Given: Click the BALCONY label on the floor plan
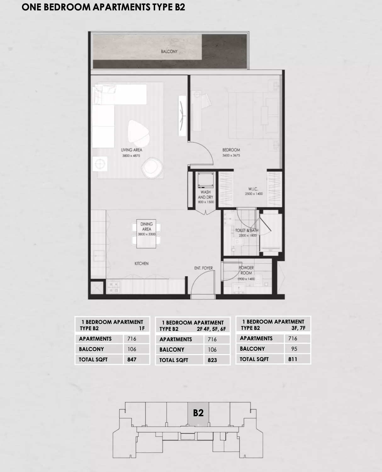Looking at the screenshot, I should pos(169,51).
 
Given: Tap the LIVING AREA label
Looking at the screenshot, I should pos(132,150).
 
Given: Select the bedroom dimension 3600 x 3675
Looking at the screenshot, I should pos(231,155).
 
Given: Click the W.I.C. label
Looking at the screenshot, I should pos(253,189).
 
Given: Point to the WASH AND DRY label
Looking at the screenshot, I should pos(205,195).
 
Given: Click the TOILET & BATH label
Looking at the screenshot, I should pos(247,230).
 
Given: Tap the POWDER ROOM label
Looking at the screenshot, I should pos(246,270).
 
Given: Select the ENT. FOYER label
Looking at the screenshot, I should pos(203,268).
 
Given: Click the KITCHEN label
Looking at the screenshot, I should pos(141,263).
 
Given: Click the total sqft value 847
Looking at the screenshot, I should pos(132,360).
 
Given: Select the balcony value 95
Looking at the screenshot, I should pos(294,349).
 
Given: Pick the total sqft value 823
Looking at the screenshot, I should pos(212,360).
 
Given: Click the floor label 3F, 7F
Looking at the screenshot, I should pos(298,328).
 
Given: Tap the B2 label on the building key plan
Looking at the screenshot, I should pos(198,413).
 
